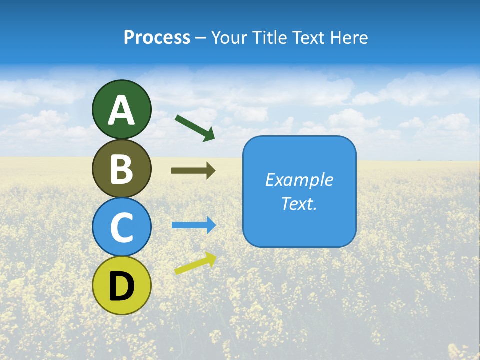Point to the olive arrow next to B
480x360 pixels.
193,170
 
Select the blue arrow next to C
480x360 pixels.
193,225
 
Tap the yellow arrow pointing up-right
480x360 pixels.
195,263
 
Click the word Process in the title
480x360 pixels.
157,38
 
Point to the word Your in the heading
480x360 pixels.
230,38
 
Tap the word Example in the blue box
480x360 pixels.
299,180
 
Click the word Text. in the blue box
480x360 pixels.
299,203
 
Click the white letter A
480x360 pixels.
122,110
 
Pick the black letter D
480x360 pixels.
122,286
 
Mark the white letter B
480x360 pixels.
122,169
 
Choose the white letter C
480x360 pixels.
122,227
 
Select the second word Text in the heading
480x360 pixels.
308,38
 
